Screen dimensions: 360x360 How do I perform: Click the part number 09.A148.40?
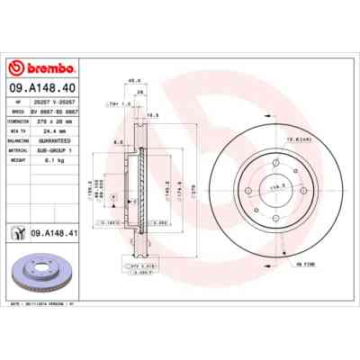pyautogui.click(x=40, y=86)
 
